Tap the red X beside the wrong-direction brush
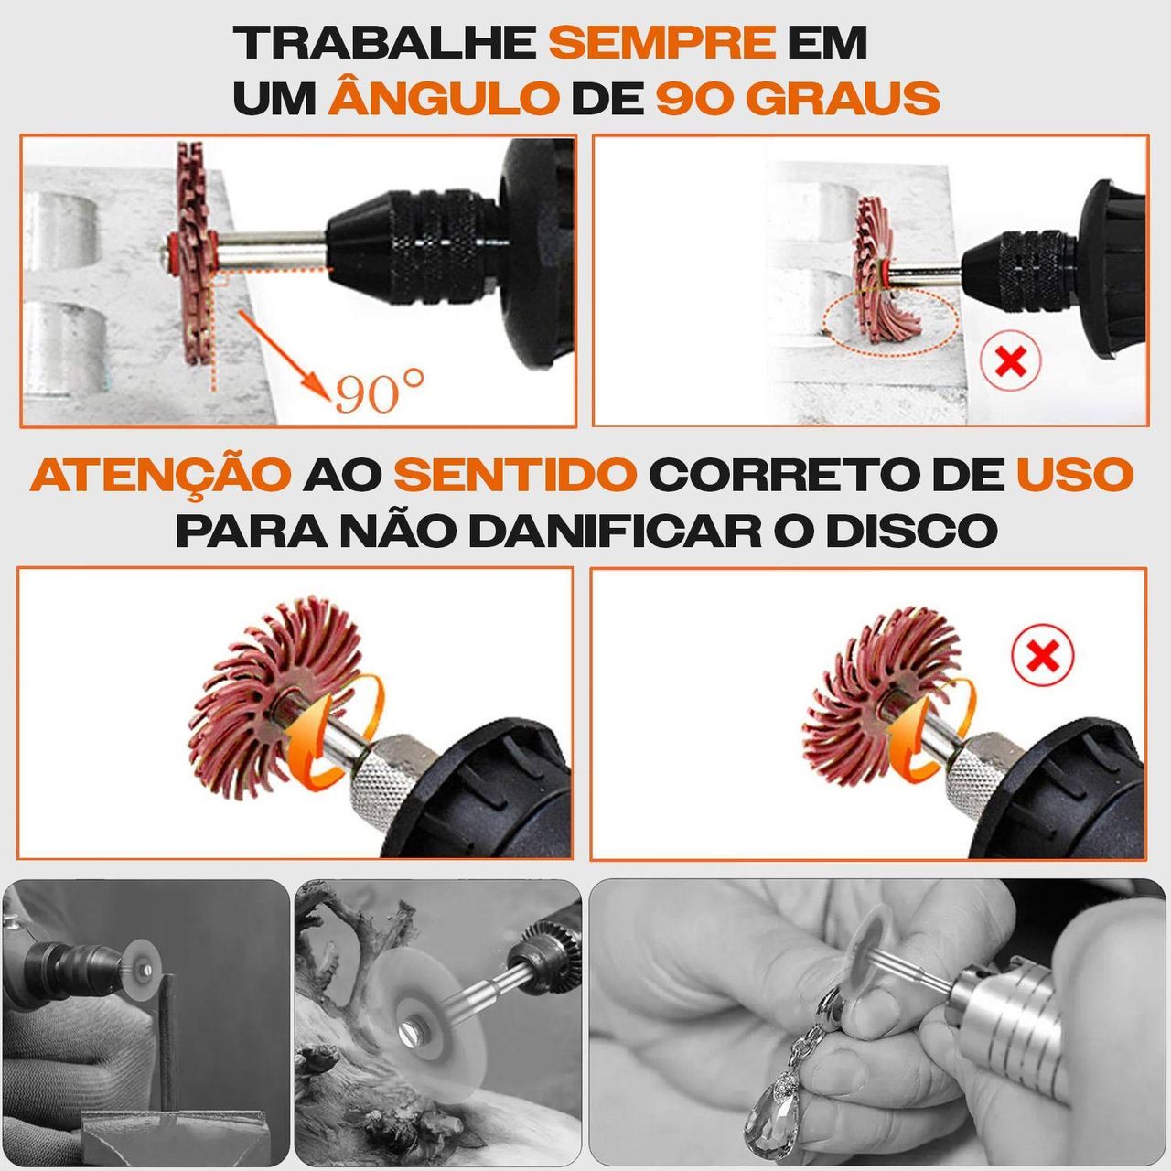click(1042, 654)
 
